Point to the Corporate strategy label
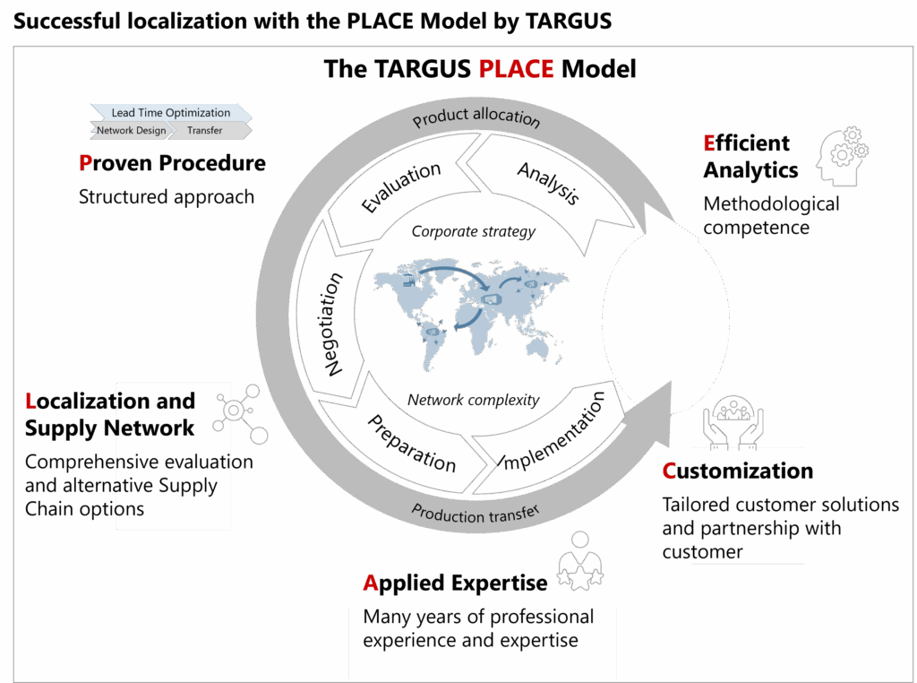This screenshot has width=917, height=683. click(473, 231)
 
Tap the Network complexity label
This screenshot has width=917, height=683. click(473, 400)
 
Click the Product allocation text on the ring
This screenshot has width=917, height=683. click(476, 117)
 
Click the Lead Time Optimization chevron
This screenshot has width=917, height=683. click(170, 113)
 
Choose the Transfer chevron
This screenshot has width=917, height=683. click(205, 131)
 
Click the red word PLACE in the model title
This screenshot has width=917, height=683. click(516, 68)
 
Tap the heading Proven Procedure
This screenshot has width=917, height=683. click(172, 163)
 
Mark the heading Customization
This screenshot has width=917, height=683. click(738, 471)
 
